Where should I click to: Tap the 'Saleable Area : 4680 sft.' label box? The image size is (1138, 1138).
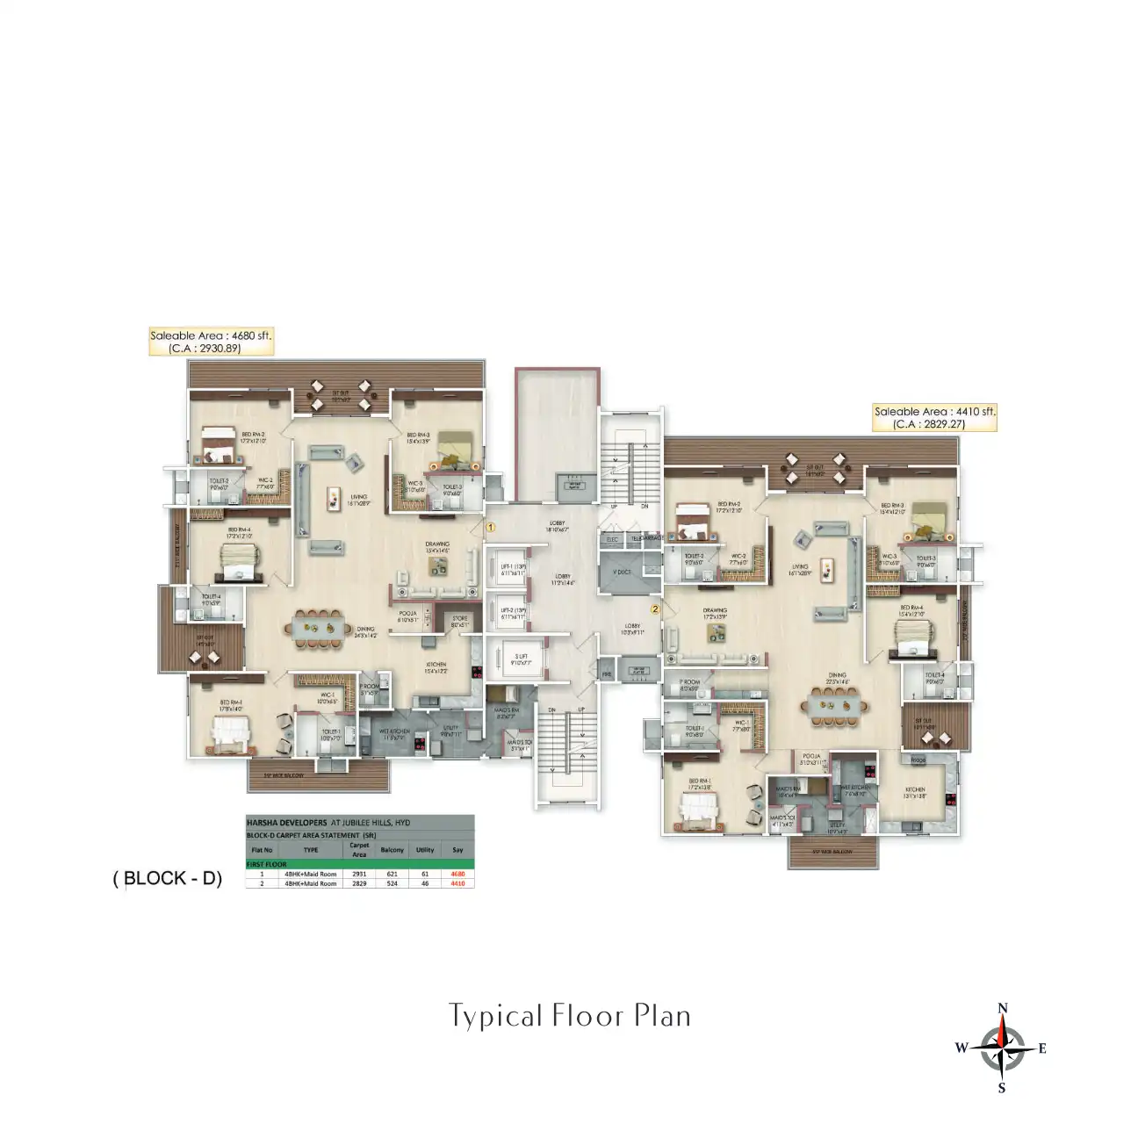tap(211, 342)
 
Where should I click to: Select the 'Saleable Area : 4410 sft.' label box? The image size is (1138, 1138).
tap(935, 417)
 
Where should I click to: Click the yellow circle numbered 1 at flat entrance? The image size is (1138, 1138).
tap(492, 528)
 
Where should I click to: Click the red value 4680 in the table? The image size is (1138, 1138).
tap(457, 874)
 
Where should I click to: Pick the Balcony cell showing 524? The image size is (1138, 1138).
tap(392, 883)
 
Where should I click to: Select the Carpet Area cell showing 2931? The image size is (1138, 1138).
tap(359, 874)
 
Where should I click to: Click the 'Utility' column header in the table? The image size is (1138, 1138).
tap(425, 850)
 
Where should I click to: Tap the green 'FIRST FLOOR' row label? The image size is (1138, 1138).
tap(267, 864)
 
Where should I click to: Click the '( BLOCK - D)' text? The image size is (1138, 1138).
tap(167, 878)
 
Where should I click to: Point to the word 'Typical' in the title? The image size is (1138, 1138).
tap(496, 1016)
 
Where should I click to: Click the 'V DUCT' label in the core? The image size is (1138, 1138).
tap(622, 572)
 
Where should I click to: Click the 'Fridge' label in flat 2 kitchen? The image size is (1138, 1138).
tap(918, 760)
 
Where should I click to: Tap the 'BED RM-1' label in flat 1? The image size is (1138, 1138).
tap(231, 702)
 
